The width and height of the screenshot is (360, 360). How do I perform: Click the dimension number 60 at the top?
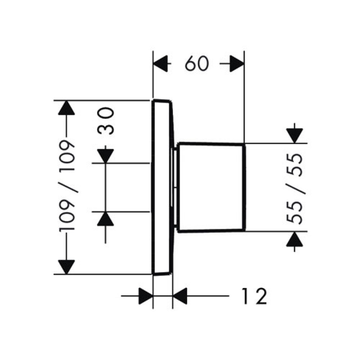197,63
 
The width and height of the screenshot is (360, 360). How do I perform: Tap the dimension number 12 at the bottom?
254,296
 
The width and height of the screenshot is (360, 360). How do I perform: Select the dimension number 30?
106,121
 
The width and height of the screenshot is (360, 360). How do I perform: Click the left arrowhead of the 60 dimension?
161,63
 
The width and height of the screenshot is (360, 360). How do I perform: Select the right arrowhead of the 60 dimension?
237,63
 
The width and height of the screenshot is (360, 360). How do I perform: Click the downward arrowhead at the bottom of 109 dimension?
66,267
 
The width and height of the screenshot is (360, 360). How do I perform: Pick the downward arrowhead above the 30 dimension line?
105,156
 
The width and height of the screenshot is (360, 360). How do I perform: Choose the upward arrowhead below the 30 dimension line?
105,219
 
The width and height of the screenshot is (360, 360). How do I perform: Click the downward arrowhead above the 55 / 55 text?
295,136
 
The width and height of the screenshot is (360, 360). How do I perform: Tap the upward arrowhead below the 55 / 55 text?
295,239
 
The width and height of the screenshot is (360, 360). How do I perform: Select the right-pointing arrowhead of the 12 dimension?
146,296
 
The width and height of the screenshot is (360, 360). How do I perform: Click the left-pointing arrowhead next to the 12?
180,296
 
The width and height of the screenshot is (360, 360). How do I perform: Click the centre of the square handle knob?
211,188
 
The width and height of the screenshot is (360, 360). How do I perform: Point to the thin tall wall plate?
162,187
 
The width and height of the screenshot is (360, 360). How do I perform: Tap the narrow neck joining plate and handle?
175,188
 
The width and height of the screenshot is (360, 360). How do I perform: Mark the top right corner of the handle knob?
245,144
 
